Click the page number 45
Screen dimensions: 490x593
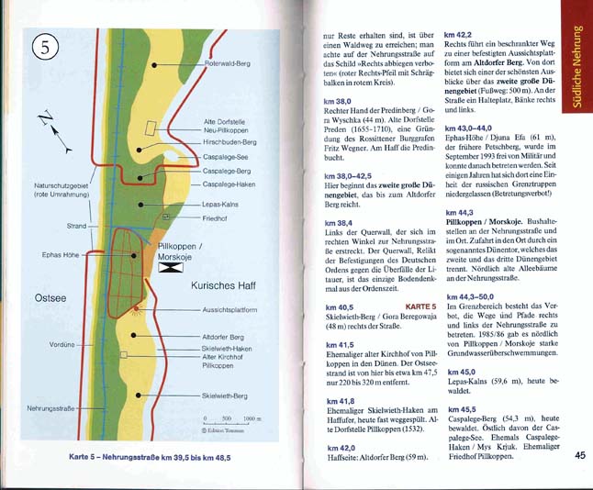(579, 453)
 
